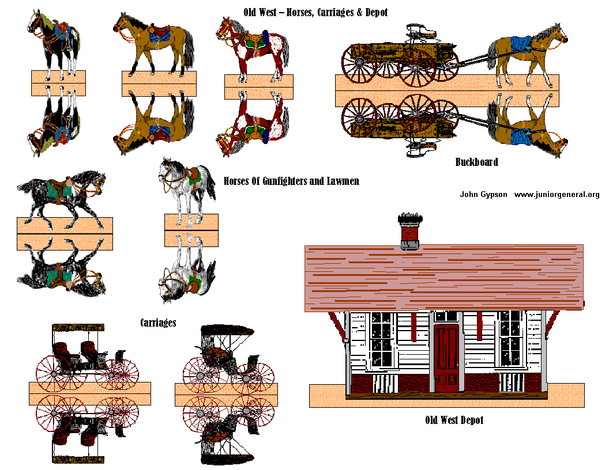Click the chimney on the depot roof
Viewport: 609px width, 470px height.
pyautogui.click(x=410, y=232)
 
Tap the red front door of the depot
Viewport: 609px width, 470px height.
pyautogui.click(x=446, y=358)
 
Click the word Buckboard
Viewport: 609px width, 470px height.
pyautogui.click(x=476, y=162)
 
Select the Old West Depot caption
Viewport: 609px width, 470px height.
pyautogui.click(x=454, y=420)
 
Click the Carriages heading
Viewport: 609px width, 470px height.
pyautogui.click(x=158, y=323)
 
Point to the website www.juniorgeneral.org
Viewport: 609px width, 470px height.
pyautogui.click(x=557, y=195)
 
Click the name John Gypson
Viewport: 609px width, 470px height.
pyautogui.click(x=483, y=195)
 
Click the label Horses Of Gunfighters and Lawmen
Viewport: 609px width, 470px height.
pyautogui.click(x=291, y=181)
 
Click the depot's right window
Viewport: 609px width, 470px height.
pyautogui.click(x=510, y=339)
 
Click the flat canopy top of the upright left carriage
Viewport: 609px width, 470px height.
pyautogui.click(x=79, y=328)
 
